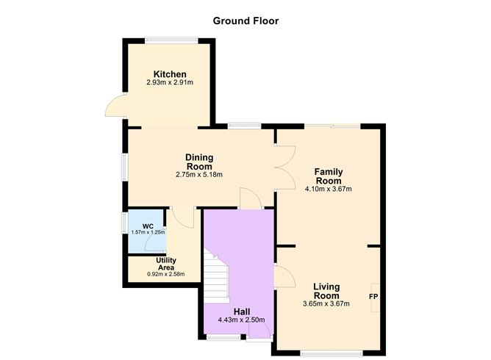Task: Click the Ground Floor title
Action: [245, 21]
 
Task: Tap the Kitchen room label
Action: [169, 74]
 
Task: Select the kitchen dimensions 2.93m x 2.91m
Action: [169, 83]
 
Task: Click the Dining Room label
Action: [199, 162]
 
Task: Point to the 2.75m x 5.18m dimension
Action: [199, 175]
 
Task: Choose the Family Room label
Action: [329, 176]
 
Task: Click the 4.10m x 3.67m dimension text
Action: [329, 189]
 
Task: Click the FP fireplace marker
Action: [374, 297]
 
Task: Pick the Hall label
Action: [241, 311]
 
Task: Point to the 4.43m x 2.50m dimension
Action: [241, 320]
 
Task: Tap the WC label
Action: [148, 226]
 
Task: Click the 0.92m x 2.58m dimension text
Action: [165, 274]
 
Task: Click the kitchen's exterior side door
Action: [115, 108]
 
